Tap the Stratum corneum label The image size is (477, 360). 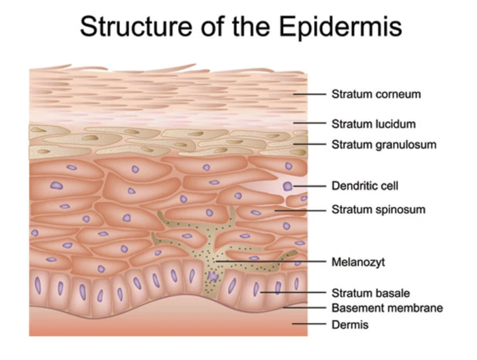point(376,94)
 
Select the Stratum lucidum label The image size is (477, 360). point(373,124)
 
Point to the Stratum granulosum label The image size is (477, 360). point(384,145)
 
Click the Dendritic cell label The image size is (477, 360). point(365,186)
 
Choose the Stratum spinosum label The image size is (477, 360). point(378,210)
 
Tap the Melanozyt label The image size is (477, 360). point(358,263)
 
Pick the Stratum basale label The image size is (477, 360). point(371,293)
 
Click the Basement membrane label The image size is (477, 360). point(387,308)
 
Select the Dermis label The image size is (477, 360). point(350,325)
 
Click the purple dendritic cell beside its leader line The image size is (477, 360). point(288,187)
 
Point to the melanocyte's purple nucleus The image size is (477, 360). point(212,276)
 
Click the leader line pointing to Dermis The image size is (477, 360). point(309,324)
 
